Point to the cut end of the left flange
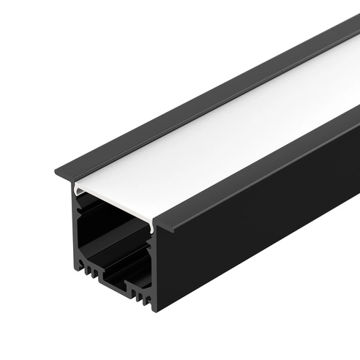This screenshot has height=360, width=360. pos(64,176)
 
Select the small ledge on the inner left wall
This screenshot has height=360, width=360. pos(83,212)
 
